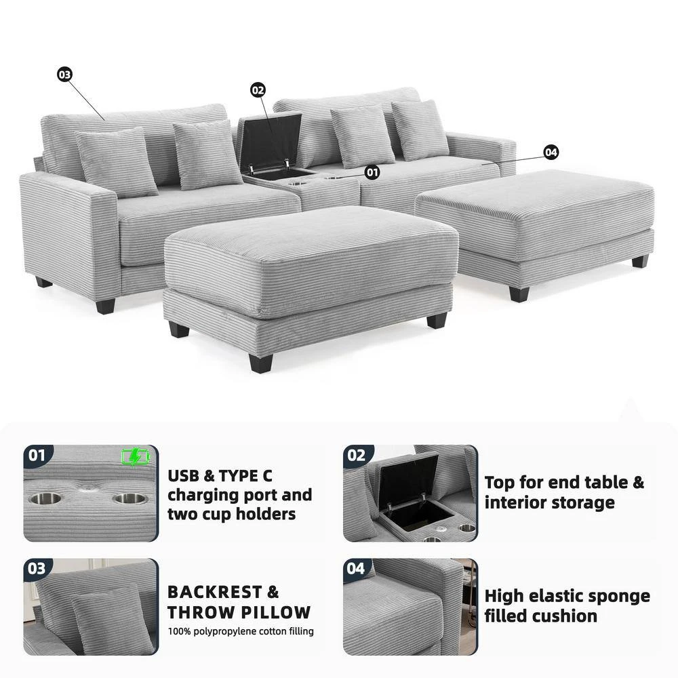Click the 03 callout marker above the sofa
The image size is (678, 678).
point(64,75)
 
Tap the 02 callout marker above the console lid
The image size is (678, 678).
point(258,90)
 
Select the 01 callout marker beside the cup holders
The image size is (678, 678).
point(372,172)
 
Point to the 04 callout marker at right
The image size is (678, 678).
point(551,153)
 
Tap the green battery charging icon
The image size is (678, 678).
point(134,458)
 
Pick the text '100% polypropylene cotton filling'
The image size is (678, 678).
point(241,631)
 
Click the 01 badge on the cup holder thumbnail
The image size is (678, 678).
point(37,455)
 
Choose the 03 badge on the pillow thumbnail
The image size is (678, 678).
point(37,568)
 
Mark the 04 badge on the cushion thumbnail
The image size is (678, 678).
point(356,568)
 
